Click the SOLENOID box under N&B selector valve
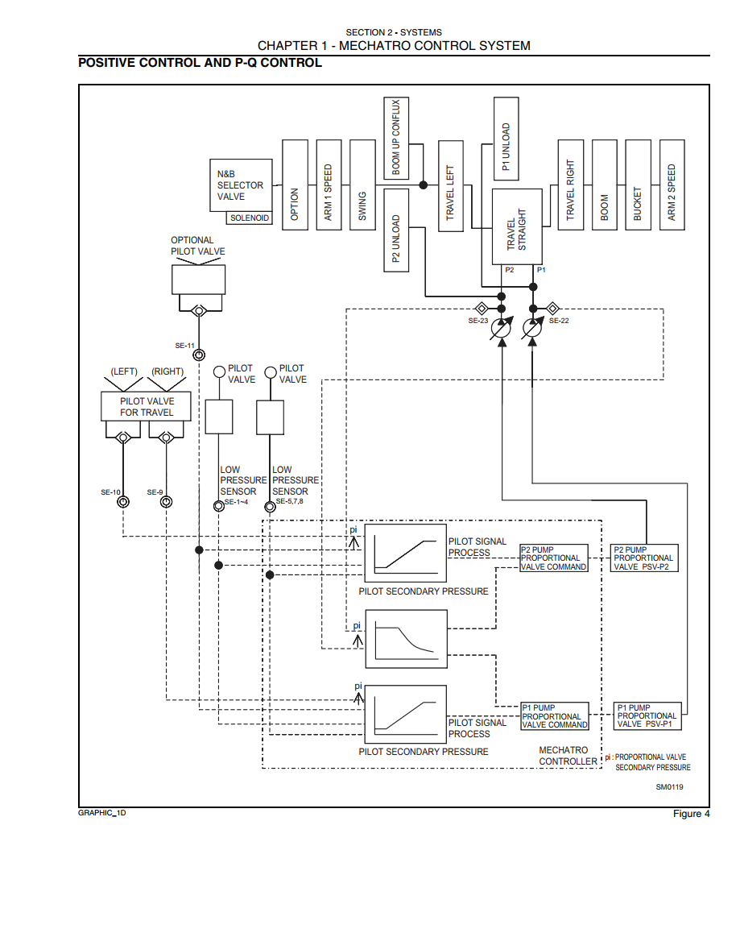(x=250, y=218)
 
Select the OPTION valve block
(x=295, y=185)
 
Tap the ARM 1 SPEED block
(x=329, y=185)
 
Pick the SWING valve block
(x=362, y=185)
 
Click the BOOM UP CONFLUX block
(x=396, y=138)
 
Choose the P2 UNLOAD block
(x=396, y=230)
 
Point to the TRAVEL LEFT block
(x=450, y=186)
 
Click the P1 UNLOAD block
(x=506, y=139)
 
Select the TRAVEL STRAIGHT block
(x=517, y=227)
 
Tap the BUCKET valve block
(x=639, y=185)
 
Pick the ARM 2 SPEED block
(x=672, y=185)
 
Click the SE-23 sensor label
(x=478, y=321)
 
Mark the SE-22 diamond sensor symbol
(x=552, y=308)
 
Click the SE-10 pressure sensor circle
(x=123, y=502)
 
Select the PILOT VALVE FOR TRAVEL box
(x=147, y=406)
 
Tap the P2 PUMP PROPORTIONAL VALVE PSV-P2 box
(x=644, y=558)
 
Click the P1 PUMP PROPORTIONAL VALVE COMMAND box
(x=555, y=715)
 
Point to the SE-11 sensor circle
(x=200, y=355)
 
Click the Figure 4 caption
(x=691, y=814)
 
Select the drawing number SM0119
(x=669, y=787)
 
